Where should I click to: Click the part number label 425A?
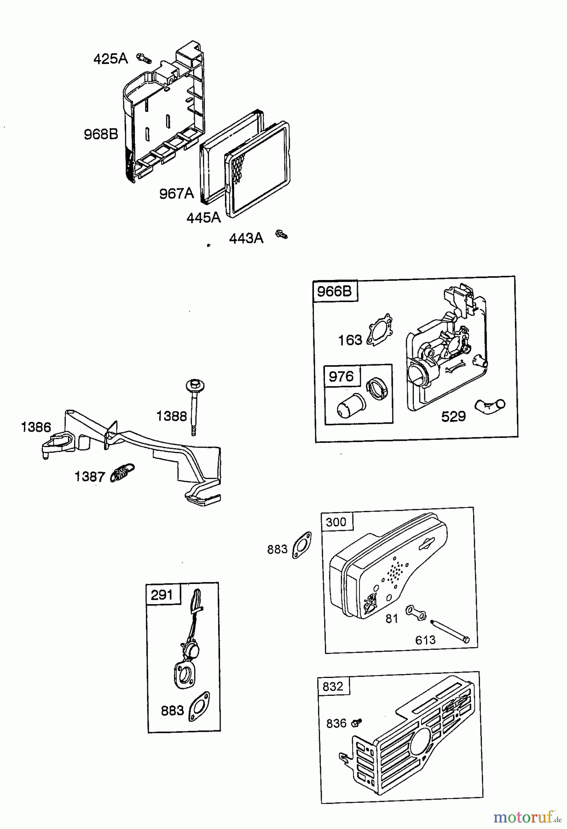(110, 59)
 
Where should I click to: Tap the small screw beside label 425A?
(144, 58)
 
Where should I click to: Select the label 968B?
(101, 134)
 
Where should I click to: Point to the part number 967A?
(177, 193)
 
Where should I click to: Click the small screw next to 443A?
(281, 235)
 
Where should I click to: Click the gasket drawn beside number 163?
(381, 329)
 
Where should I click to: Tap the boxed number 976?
(341, 377)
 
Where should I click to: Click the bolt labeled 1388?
(195, 405)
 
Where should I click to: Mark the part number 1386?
(36, 427)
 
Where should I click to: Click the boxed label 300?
(336, 522)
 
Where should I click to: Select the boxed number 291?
(162, 595)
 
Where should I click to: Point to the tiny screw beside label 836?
(357, 723)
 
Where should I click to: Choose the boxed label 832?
(333, 686)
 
